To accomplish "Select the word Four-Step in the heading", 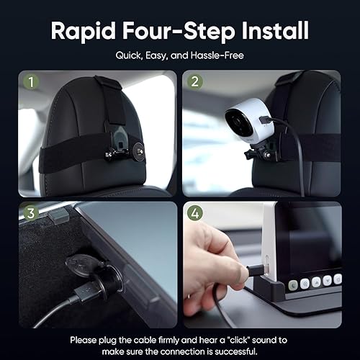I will [176, 31].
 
